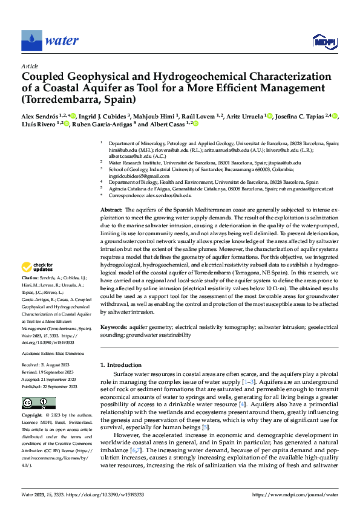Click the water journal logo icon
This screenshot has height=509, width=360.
(x=31, y=41)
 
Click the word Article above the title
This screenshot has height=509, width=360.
(x=30, y=66)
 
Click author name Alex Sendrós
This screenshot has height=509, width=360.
(x=42, y=116)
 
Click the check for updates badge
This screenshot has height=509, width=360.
(x=38, y=268)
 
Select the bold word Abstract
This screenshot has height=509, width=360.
(x=112, y=209)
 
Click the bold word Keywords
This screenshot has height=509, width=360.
(x=114, y=327)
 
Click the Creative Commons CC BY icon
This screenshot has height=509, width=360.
(x=38, y=403)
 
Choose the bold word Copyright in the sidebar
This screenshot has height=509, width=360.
(x=33, y=416)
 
